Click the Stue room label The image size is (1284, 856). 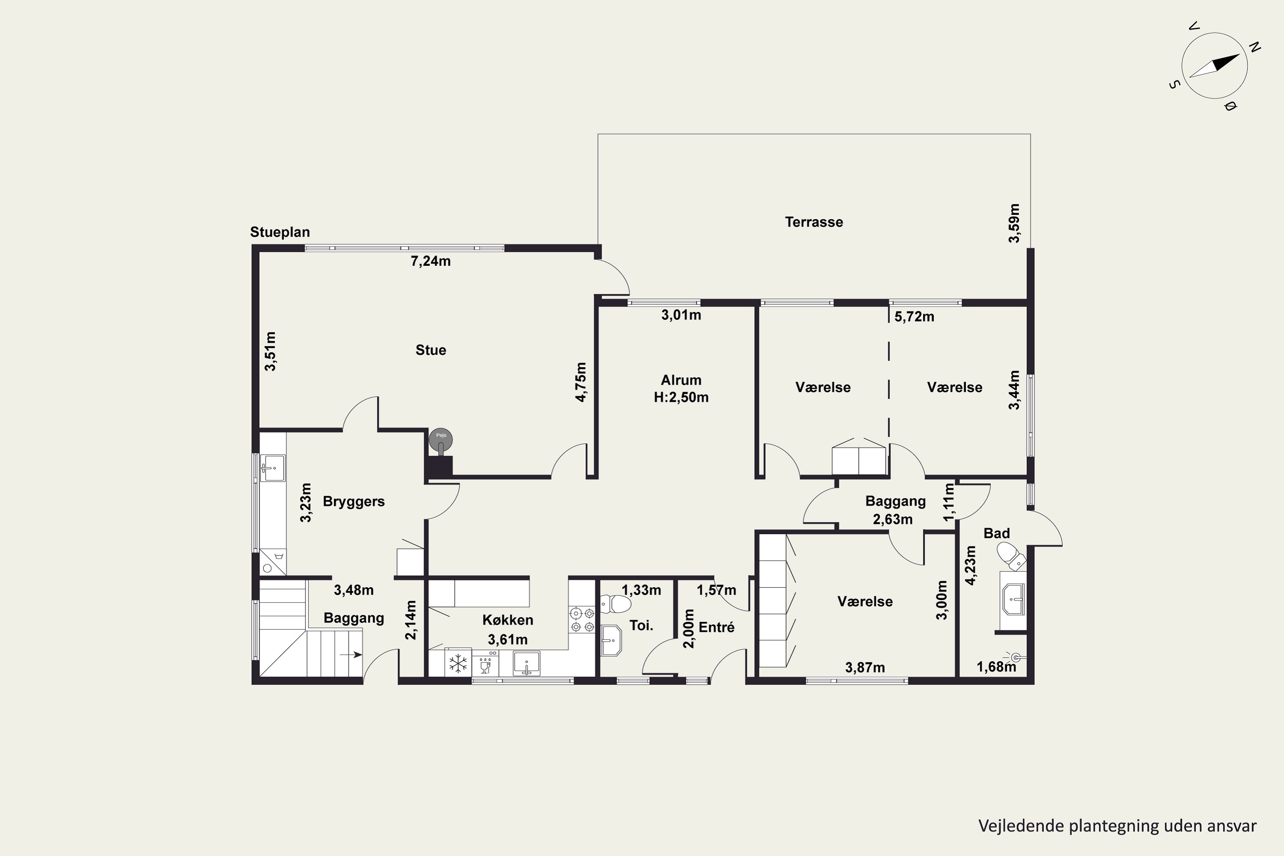click(x=431, y=350)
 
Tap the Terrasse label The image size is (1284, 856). click(x=814, y=222)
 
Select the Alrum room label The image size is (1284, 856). click(x=681, y=380)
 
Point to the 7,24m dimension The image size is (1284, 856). click(x=431, y=262)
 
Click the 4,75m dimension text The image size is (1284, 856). click(x=581, y=382)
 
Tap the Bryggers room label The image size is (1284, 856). click(x=354, y=502)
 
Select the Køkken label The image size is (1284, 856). click(x=508, y=620)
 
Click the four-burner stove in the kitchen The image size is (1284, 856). click(x=581, y=620)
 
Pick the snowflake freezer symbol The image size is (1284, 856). click(x=458, y=664)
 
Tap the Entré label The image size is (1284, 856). click(x=717, y=628)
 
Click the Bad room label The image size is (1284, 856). click(x=997, y=533)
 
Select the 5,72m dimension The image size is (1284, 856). click(x=914, y=317)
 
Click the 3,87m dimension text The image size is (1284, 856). click(x=865, y=668)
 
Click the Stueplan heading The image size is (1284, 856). click(x=280, y=232)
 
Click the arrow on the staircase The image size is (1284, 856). click(x=351, y=654)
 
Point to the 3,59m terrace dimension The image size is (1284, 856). click(x=1014, y=223)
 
